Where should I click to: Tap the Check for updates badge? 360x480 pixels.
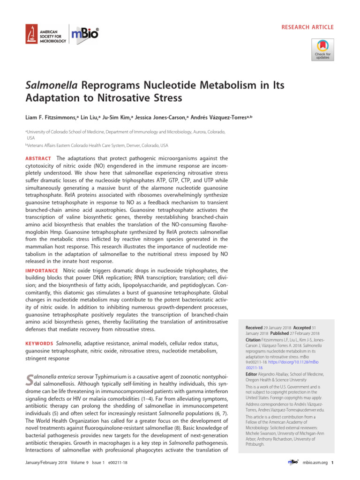pos(322,50)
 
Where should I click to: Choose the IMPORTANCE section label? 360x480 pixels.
pos(42,271)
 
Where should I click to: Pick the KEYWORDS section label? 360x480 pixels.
pos(39,344)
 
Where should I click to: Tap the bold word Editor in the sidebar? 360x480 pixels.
pos(252,375)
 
